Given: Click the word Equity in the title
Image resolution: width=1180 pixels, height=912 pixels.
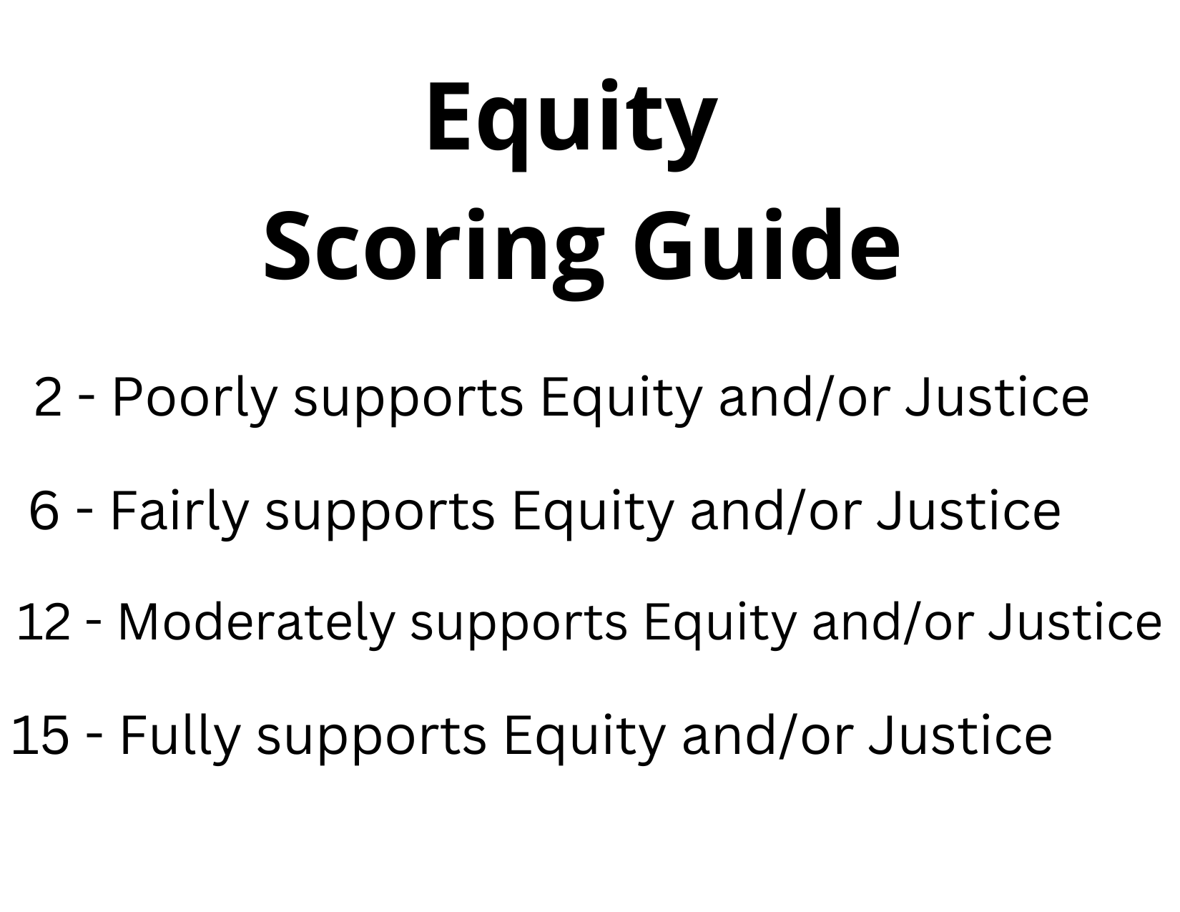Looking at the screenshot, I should [x=571, y=119].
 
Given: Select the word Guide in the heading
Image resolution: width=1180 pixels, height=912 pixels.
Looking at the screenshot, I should [x=766, y=244].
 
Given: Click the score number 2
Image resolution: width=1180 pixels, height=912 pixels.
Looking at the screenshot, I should [x=49, y=397].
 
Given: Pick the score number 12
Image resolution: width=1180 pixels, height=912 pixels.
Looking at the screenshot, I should [x=44, y=622].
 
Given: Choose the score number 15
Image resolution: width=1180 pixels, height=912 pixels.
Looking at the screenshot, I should [x=41, y=735].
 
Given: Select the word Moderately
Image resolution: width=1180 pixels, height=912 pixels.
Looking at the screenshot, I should [x=256, y=622].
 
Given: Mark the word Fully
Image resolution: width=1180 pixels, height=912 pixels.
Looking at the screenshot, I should [x=180, y=735].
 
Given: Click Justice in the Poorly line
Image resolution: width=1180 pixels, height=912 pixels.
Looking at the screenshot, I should [x=997, y=397].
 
